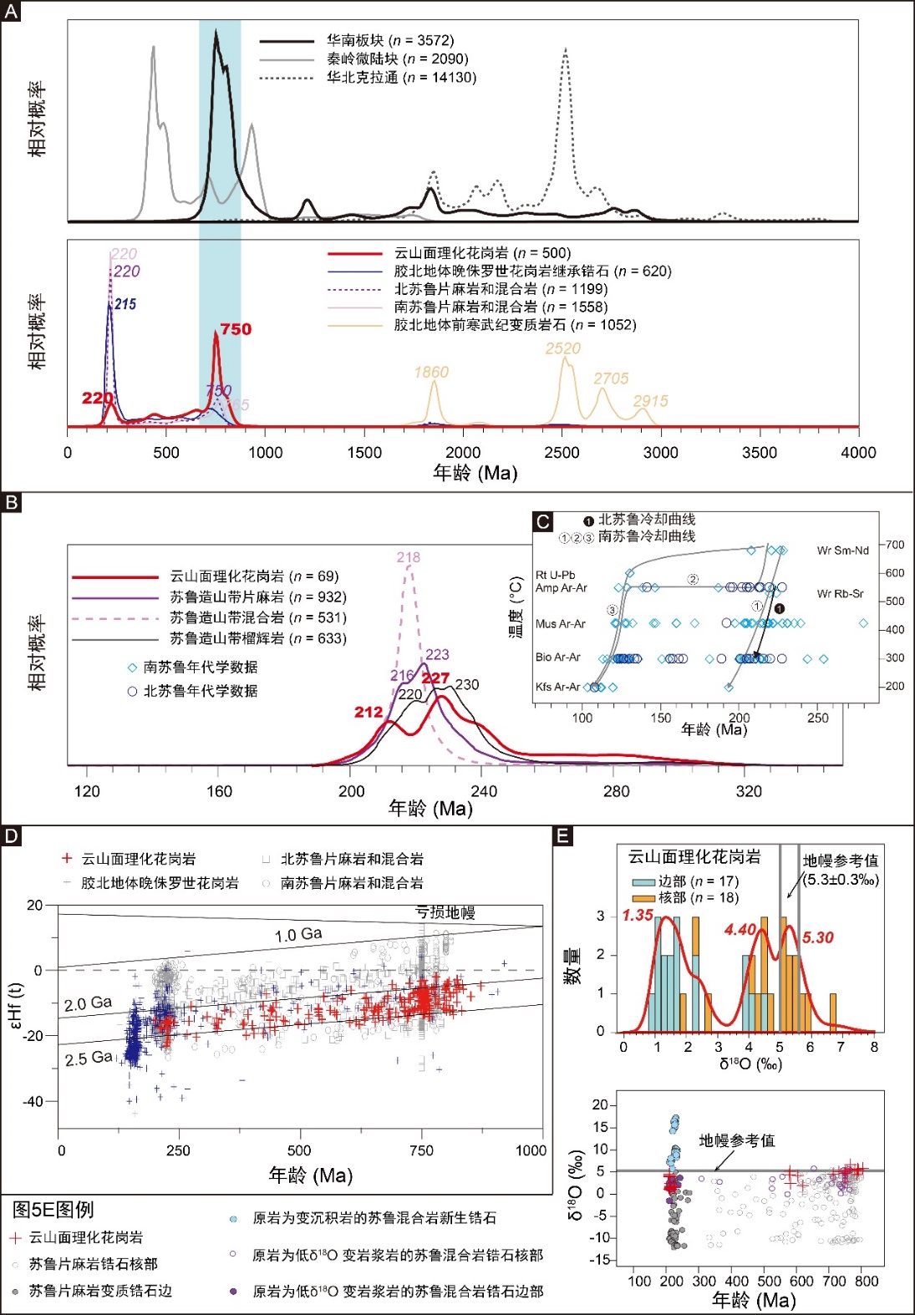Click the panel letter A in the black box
(11, 12)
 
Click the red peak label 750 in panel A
(236, 329)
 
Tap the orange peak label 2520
(563, 348)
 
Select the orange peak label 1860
(431, 372)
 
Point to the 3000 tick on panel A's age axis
(661, 452)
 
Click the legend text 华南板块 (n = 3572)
(390, 40)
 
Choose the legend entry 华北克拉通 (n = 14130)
(401, 77)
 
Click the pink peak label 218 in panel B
(409, 557)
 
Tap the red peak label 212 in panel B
(369, 712)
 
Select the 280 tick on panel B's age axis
(617, 791)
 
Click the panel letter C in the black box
(542, 522)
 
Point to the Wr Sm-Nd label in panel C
(842, 550)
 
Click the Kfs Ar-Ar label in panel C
(557, 687)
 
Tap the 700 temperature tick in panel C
(895, 545)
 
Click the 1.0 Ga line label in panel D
(298, 934)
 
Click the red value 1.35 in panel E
(638, 915)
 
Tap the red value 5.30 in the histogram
(818, 937)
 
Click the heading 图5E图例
(53, 1210)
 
